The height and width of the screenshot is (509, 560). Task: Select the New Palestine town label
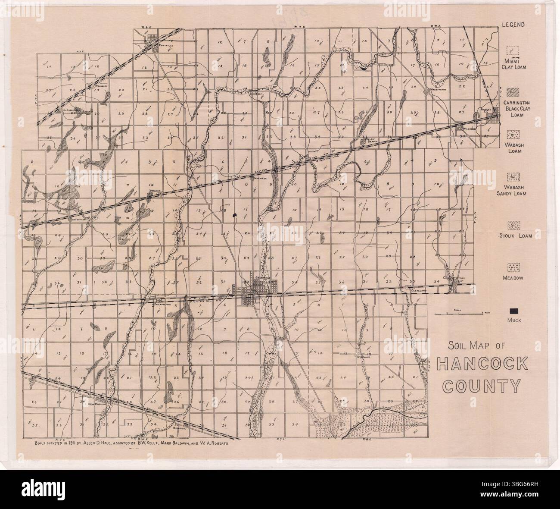96,405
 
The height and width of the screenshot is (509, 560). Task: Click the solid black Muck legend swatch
513,311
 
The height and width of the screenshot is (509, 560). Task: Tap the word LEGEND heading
513,24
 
